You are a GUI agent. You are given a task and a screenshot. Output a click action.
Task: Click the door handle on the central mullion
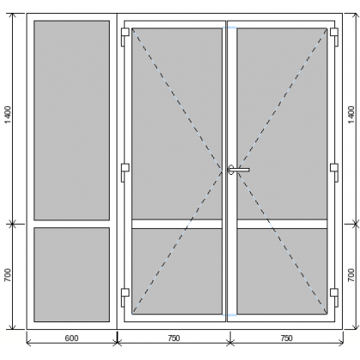pos(238,170)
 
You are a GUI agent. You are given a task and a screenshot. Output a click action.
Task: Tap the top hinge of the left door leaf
pos(125,37)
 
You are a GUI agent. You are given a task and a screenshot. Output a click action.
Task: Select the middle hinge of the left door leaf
pos(125,172)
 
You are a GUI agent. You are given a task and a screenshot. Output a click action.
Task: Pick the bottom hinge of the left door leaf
pos(125,297)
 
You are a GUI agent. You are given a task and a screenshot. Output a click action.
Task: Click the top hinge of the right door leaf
pos(334,37)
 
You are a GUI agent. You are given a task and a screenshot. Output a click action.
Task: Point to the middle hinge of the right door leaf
pos(334,172)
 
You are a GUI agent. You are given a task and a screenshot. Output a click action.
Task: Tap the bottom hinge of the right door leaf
pos(334,297)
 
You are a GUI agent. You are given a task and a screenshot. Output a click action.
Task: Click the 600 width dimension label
pos(71,339)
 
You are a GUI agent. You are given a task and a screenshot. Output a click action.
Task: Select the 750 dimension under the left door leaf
pos(174,339)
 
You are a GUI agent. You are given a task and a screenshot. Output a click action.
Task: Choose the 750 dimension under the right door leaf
pos(286,339)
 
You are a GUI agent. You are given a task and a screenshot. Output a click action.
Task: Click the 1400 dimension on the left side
pos(8,115)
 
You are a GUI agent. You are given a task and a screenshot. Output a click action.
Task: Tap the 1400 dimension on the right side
pos(351,115)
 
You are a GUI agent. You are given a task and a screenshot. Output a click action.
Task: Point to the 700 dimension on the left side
pos(8,275)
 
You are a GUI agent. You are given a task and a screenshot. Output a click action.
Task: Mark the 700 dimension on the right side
pos(351,275)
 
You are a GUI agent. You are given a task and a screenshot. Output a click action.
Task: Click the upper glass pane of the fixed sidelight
pos(72,120)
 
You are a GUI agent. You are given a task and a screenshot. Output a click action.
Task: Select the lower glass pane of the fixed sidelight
pos(72,274)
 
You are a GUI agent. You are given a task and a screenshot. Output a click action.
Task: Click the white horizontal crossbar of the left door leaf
pos(177,224)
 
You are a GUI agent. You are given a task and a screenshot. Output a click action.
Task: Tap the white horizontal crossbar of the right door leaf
pos(282,224)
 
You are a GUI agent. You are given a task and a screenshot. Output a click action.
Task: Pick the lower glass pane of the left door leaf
pos(177,271)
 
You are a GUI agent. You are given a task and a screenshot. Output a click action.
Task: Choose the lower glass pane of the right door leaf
pos(282,271)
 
